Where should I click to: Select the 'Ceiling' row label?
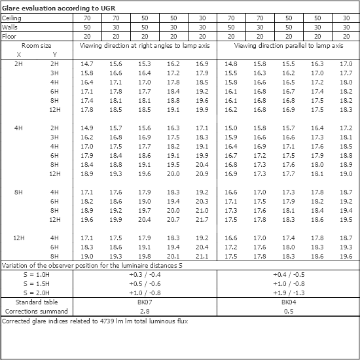click(x=11, y=18)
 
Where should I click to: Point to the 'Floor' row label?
click(x=9, y=37)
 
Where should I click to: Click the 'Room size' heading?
click(x=37, y=46)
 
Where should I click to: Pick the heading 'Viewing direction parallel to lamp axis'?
click(x=288, y=46)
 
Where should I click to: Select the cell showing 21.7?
click(x=202, y=220)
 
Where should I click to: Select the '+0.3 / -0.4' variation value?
click(x=145, y=275)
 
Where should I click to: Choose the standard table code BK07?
click(x=145, y=303)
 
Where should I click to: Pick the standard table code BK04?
click(x=289, y=303)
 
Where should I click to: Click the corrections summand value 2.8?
click(x=145, y=312)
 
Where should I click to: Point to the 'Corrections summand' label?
click(x=37, y=312)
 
